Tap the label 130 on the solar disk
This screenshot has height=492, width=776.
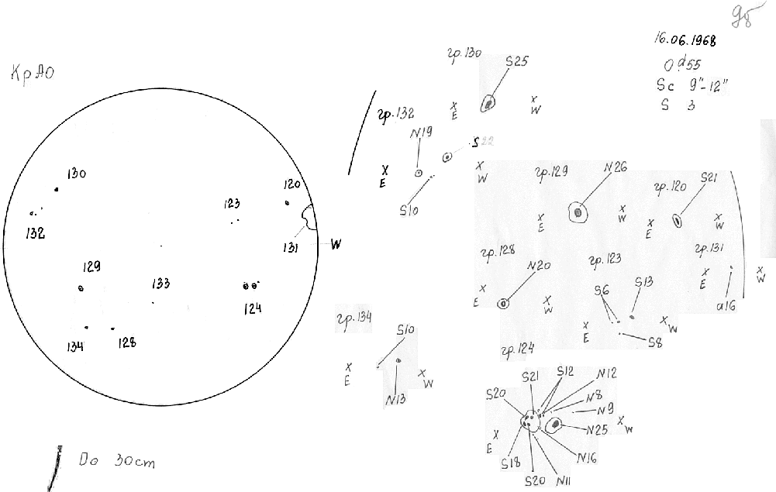pos(76,174)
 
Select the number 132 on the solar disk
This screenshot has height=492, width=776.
pos(34,232)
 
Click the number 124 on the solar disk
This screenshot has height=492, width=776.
pos(252,308)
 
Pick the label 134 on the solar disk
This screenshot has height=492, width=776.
pos(75,346)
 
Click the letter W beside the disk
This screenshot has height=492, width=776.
pos(336,245)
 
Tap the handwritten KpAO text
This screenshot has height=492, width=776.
pos(33,74)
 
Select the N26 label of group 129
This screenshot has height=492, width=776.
pos(615,167)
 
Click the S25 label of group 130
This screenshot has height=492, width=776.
pos(516,61)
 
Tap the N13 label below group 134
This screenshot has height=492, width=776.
pos(395,400)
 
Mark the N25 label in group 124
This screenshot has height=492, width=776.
pos(597,429)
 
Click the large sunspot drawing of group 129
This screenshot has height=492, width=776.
pos(577,212)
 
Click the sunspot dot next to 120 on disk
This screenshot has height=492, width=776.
pos(287,204)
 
